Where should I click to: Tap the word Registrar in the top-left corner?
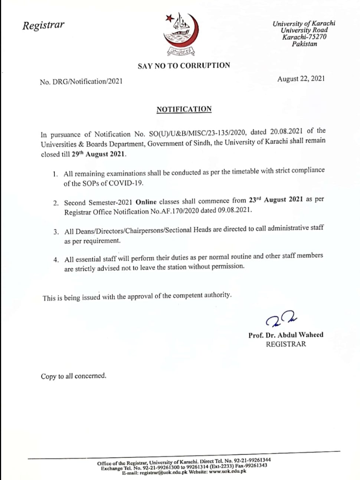pyautogui.click(x=43, y=25)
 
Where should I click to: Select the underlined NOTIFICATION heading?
pyautogui.click(x=184, y=109)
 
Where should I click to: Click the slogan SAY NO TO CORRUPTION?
pyautogui.click(x=184, y=66)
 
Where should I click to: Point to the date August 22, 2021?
pyautogui.click(x=301, y=79)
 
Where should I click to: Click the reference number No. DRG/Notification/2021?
pyautogui.click(x=81, y=81)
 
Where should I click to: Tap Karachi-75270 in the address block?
pyautogui.click(x=304, y=37)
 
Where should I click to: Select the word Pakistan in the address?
pyautogui.click(x=304, y=44)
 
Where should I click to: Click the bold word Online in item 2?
pyautogui.click(x=146, y=202)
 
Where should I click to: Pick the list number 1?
pyautogui.click(x=55, y=174)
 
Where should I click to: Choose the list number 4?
pyautogui.click(x=56, y=260)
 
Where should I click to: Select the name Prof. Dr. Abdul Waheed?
pyautogui.click(x=286, y=335)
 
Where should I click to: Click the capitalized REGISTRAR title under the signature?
pyautogui.click(x=286, y=344)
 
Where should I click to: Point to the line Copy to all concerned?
pyautogui.click(x=73, y=376)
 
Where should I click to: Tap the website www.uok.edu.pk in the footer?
pyautogui.click(x=228, y=471)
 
